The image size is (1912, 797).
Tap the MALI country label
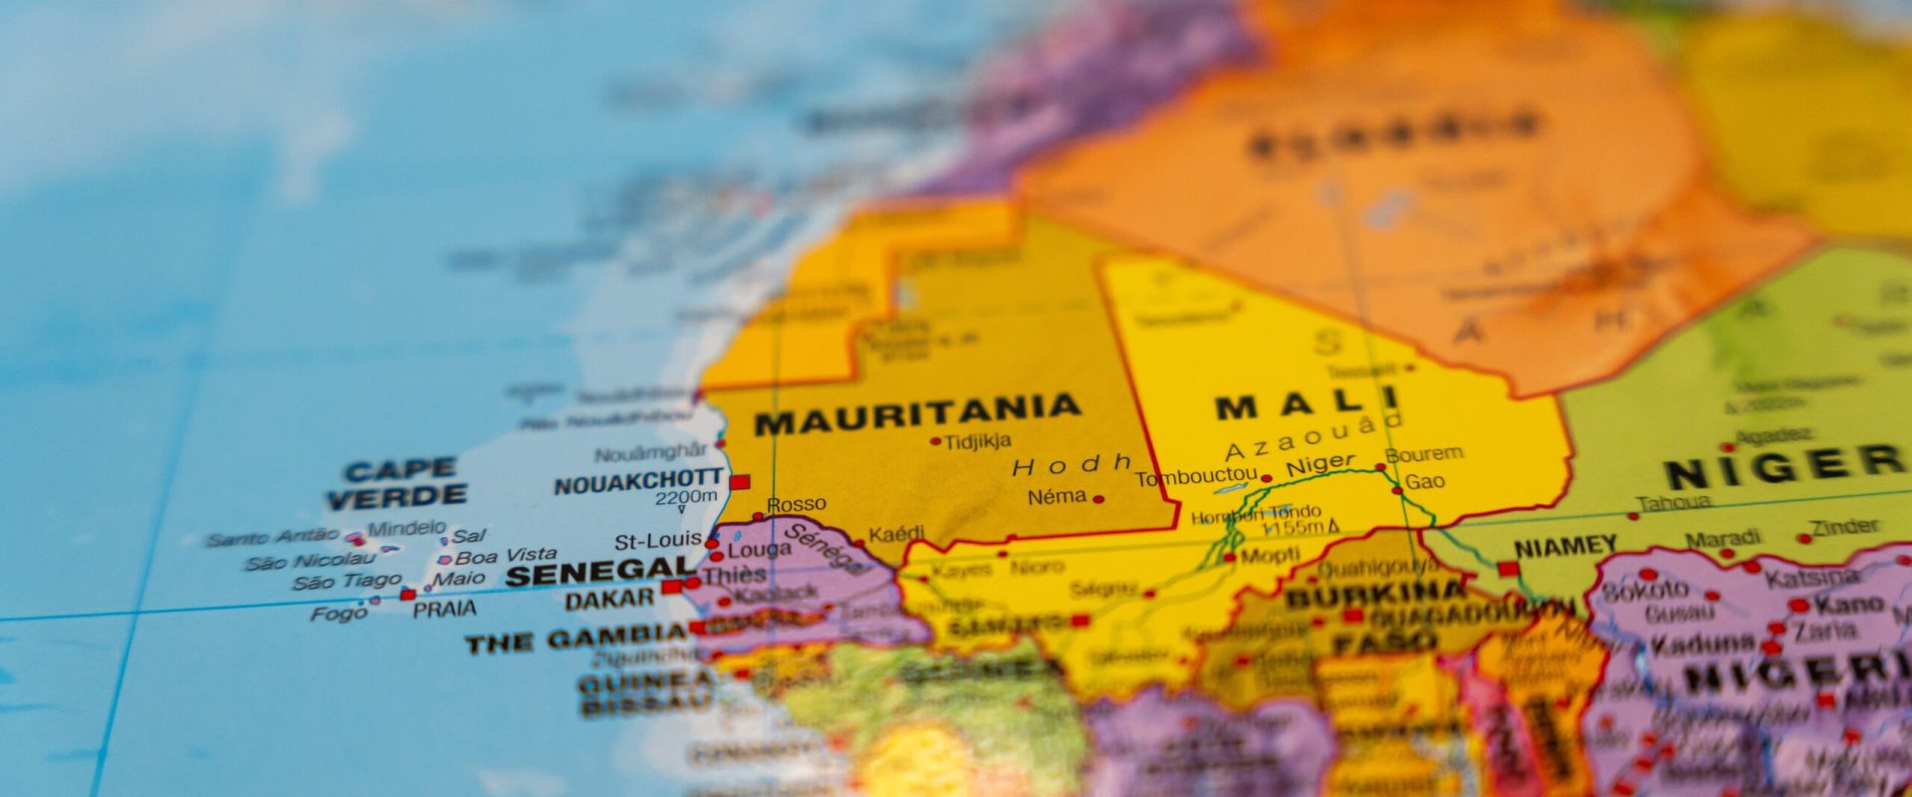pos(1294,406)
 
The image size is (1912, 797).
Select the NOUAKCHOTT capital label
pos(638,482)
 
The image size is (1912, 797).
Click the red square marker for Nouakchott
pos(739,482)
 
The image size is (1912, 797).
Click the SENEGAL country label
pos(599,572)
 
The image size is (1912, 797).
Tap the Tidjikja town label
pos(977,440)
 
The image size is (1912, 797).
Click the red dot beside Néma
pos(1098,498)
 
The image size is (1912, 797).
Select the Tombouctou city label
pos(1195,478)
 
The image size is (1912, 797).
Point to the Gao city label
pos(1425,482)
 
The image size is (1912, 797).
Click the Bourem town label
pos(1424,454)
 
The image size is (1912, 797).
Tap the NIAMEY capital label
pos(1565,547)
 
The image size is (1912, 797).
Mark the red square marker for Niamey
pos(1509,569)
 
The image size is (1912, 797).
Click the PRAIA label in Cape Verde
pos(444,609)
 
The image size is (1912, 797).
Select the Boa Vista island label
pos(506,556)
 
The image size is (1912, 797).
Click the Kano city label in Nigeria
pos(1848,604)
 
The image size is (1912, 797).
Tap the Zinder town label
pos(1844,526)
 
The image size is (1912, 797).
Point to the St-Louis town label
pos(657,541)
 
